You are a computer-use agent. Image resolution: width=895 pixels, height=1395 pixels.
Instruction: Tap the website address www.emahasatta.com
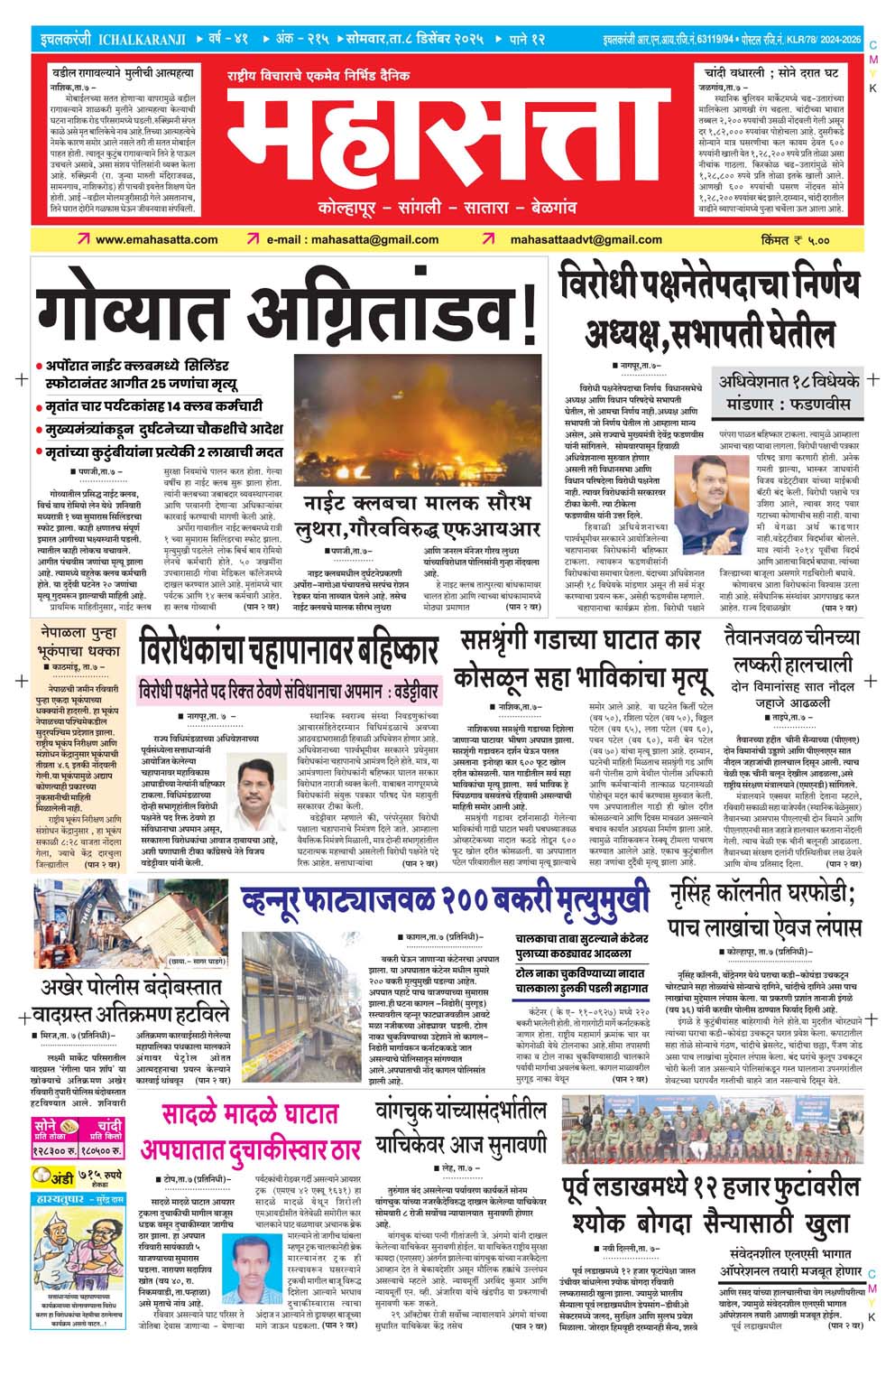(x=156, y=239)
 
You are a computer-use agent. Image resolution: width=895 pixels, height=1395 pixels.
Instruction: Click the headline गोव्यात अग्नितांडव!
(x=287, y=312)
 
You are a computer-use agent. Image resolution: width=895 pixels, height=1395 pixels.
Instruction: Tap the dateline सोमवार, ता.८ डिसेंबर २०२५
(x=414, y=40)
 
